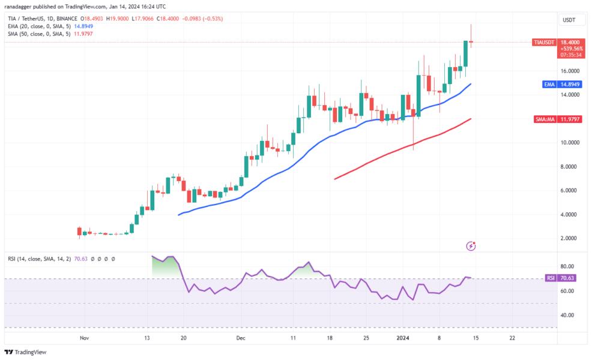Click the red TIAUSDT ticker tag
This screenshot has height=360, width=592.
545,43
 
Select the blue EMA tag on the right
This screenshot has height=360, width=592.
549,85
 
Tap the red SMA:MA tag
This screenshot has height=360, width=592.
544,119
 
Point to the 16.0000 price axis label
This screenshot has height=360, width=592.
570,71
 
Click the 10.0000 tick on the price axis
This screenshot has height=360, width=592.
570,143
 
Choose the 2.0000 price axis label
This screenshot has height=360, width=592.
570,238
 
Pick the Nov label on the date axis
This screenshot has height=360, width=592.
84,338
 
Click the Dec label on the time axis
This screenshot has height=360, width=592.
241,338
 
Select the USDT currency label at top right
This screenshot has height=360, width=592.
569,20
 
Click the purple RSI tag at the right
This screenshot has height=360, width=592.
551,278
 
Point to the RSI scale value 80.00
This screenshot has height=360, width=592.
568,266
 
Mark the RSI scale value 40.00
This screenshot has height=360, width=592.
568,315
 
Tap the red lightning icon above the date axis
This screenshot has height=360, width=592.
471,246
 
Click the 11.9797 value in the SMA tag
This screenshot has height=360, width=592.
571,119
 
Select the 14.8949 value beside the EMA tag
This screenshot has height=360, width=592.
571,85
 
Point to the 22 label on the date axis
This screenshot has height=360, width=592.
512,338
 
